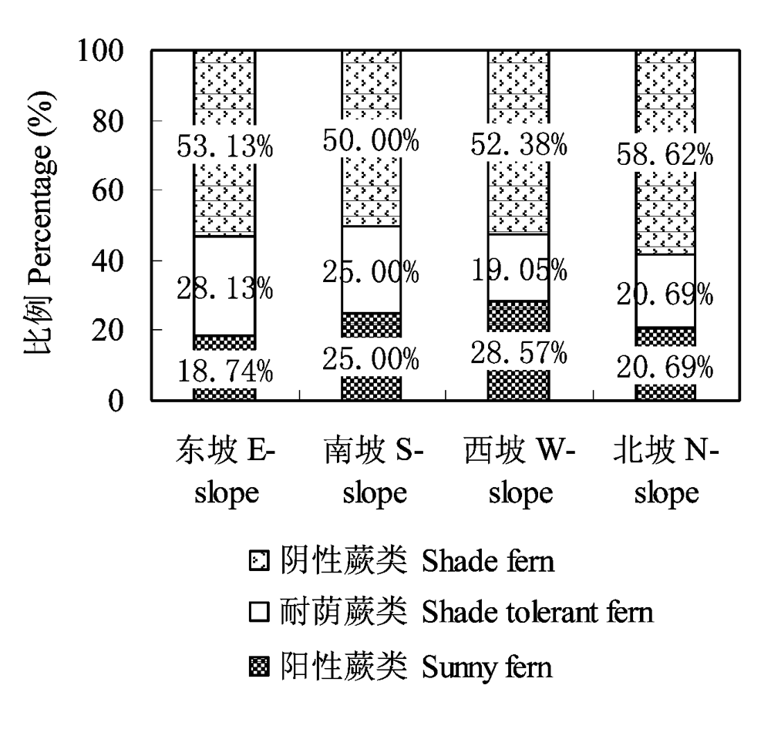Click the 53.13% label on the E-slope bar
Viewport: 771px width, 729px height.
click(x=224, y=146)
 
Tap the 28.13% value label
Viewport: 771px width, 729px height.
click(x=224, y=288)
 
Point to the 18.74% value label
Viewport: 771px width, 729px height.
click(x=224, y=371)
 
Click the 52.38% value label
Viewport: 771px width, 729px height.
click(x=519, y=145)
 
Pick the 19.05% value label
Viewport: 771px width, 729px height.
click(x=519, y=270)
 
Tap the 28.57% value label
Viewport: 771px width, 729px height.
click(x=519, y=352)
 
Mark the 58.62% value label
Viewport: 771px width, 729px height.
click(x=665, y=154)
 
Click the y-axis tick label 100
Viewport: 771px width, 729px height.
click(x=100, y=50)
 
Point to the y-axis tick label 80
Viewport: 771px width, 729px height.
click(x=108, y=121)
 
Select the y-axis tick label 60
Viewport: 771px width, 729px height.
click(x=108, y=191)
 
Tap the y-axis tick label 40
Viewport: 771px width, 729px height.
click(x=108, y=261)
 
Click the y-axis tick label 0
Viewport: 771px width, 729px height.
click(x=116, y=401)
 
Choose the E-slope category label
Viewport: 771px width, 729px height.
click(x=226, y=471)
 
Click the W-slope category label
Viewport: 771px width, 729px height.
click(x=520, y=471)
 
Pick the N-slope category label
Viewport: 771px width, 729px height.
click(x=666, y=471)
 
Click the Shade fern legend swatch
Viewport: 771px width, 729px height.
click(x=259, y=561)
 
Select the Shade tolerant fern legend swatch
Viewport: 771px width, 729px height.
click(x=259, y=613)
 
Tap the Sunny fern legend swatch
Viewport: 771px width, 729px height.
click(x=259, y=667)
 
